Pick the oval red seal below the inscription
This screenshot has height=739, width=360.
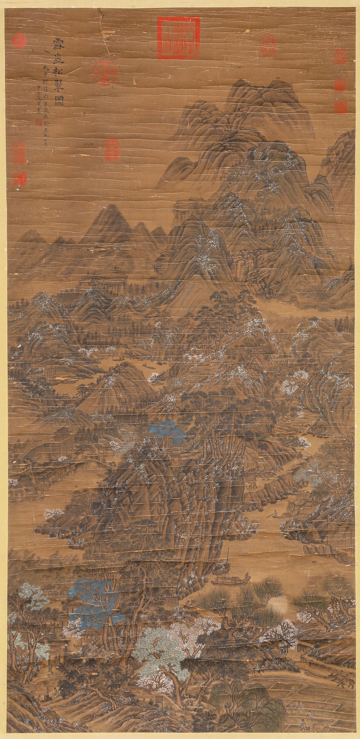(110, 149)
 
